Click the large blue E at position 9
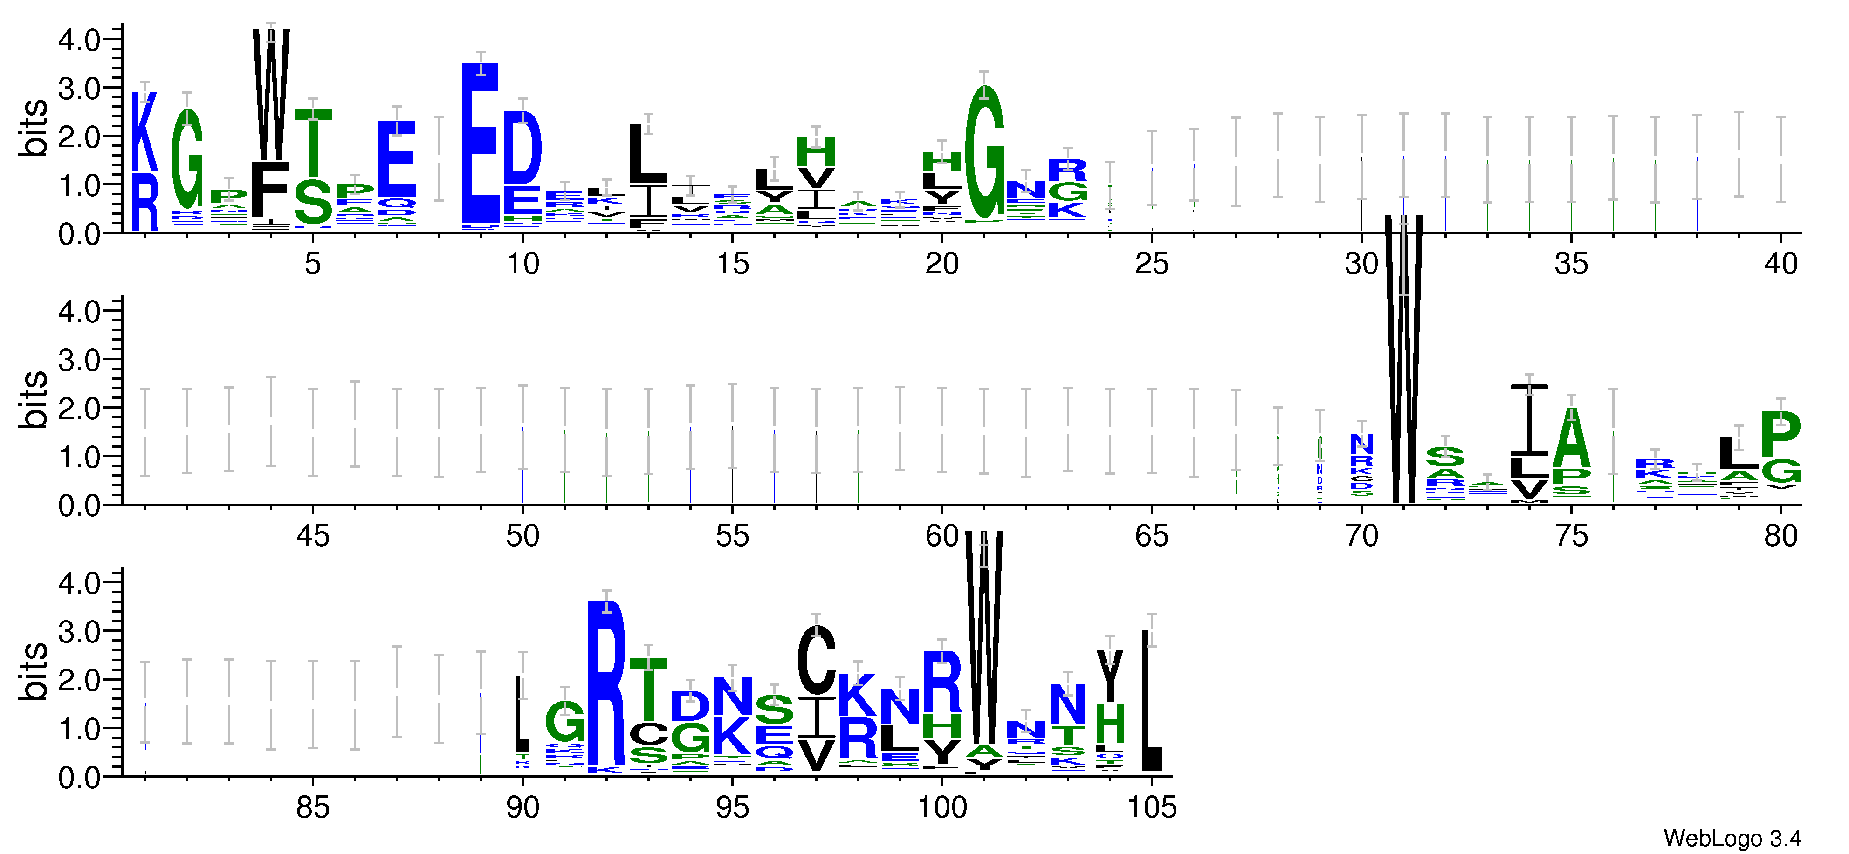click(480, 143)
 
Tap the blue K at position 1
click(144, 133)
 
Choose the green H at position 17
click(816, 152)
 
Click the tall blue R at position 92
click(606, 682)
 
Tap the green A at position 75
click(1571, 439)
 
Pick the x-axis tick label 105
click(1151, 808)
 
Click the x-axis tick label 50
click(522, 536)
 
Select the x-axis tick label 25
click(1151, 264)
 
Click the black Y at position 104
click(1110, 675)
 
